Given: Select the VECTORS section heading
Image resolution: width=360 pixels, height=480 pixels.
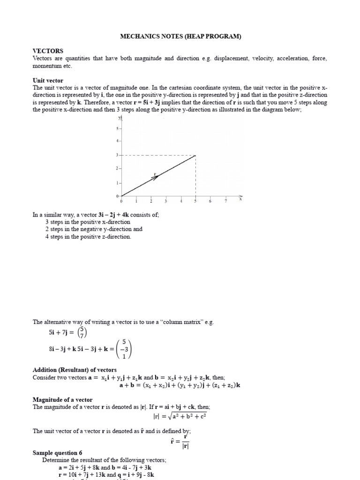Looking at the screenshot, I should (48, 51).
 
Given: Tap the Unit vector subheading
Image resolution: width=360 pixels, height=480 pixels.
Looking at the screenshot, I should (48, 81).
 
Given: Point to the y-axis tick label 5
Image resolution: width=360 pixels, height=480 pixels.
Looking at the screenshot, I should (118, 128).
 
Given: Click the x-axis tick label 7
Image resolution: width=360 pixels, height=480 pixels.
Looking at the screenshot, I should (225, 202).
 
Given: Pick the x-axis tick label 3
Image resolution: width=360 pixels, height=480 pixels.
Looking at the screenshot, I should (166, 202).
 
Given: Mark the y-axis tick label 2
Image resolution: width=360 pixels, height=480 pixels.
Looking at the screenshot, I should (118, 168).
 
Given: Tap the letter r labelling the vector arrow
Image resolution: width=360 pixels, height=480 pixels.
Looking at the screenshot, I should (155, 173).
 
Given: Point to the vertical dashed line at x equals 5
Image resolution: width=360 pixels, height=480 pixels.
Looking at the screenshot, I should (195, 176).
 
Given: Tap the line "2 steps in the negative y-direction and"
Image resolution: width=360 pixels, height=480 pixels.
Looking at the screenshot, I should (94, 229).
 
